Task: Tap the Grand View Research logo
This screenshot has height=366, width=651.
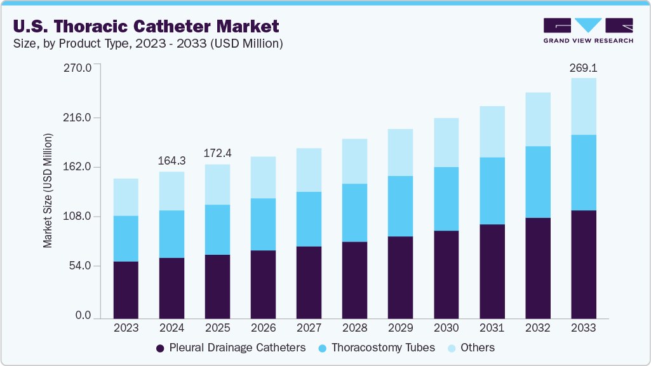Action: (587, 30)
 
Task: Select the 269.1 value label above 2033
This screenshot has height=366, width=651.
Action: (583, 67)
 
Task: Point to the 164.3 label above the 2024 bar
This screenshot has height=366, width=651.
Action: (171, 161)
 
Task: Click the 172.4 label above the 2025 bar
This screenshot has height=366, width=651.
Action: (217, 153)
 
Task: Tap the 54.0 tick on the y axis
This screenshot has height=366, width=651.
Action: (81, 266)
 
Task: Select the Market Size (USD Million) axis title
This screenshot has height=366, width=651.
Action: (48, 191)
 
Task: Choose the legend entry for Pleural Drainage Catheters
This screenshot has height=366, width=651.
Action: (231, 348)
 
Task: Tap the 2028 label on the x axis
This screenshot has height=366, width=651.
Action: (354, 328)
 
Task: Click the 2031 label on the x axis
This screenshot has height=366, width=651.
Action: (492, 328)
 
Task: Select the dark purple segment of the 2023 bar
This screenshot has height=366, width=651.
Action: (126, 289)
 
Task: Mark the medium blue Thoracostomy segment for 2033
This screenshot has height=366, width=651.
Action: (583, 172)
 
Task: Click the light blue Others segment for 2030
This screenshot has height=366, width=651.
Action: (446, 142)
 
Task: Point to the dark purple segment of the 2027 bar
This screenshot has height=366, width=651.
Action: (309, 282)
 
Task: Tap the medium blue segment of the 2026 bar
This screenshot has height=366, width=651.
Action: (263, 224)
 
